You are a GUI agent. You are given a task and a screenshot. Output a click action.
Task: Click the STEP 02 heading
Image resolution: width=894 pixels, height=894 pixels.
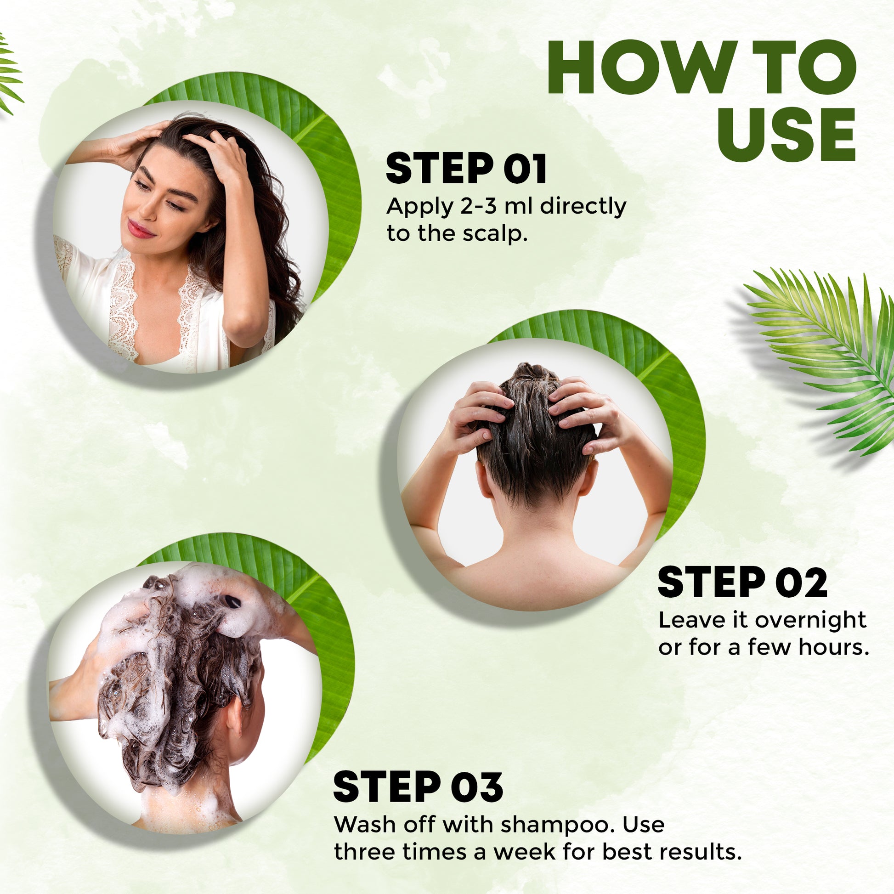pyautogui.click(x=742, y=582)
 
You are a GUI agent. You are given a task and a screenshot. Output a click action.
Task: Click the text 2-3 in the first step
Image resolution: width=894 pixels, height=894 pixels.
pyautogui.click(x=477, y=206)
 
